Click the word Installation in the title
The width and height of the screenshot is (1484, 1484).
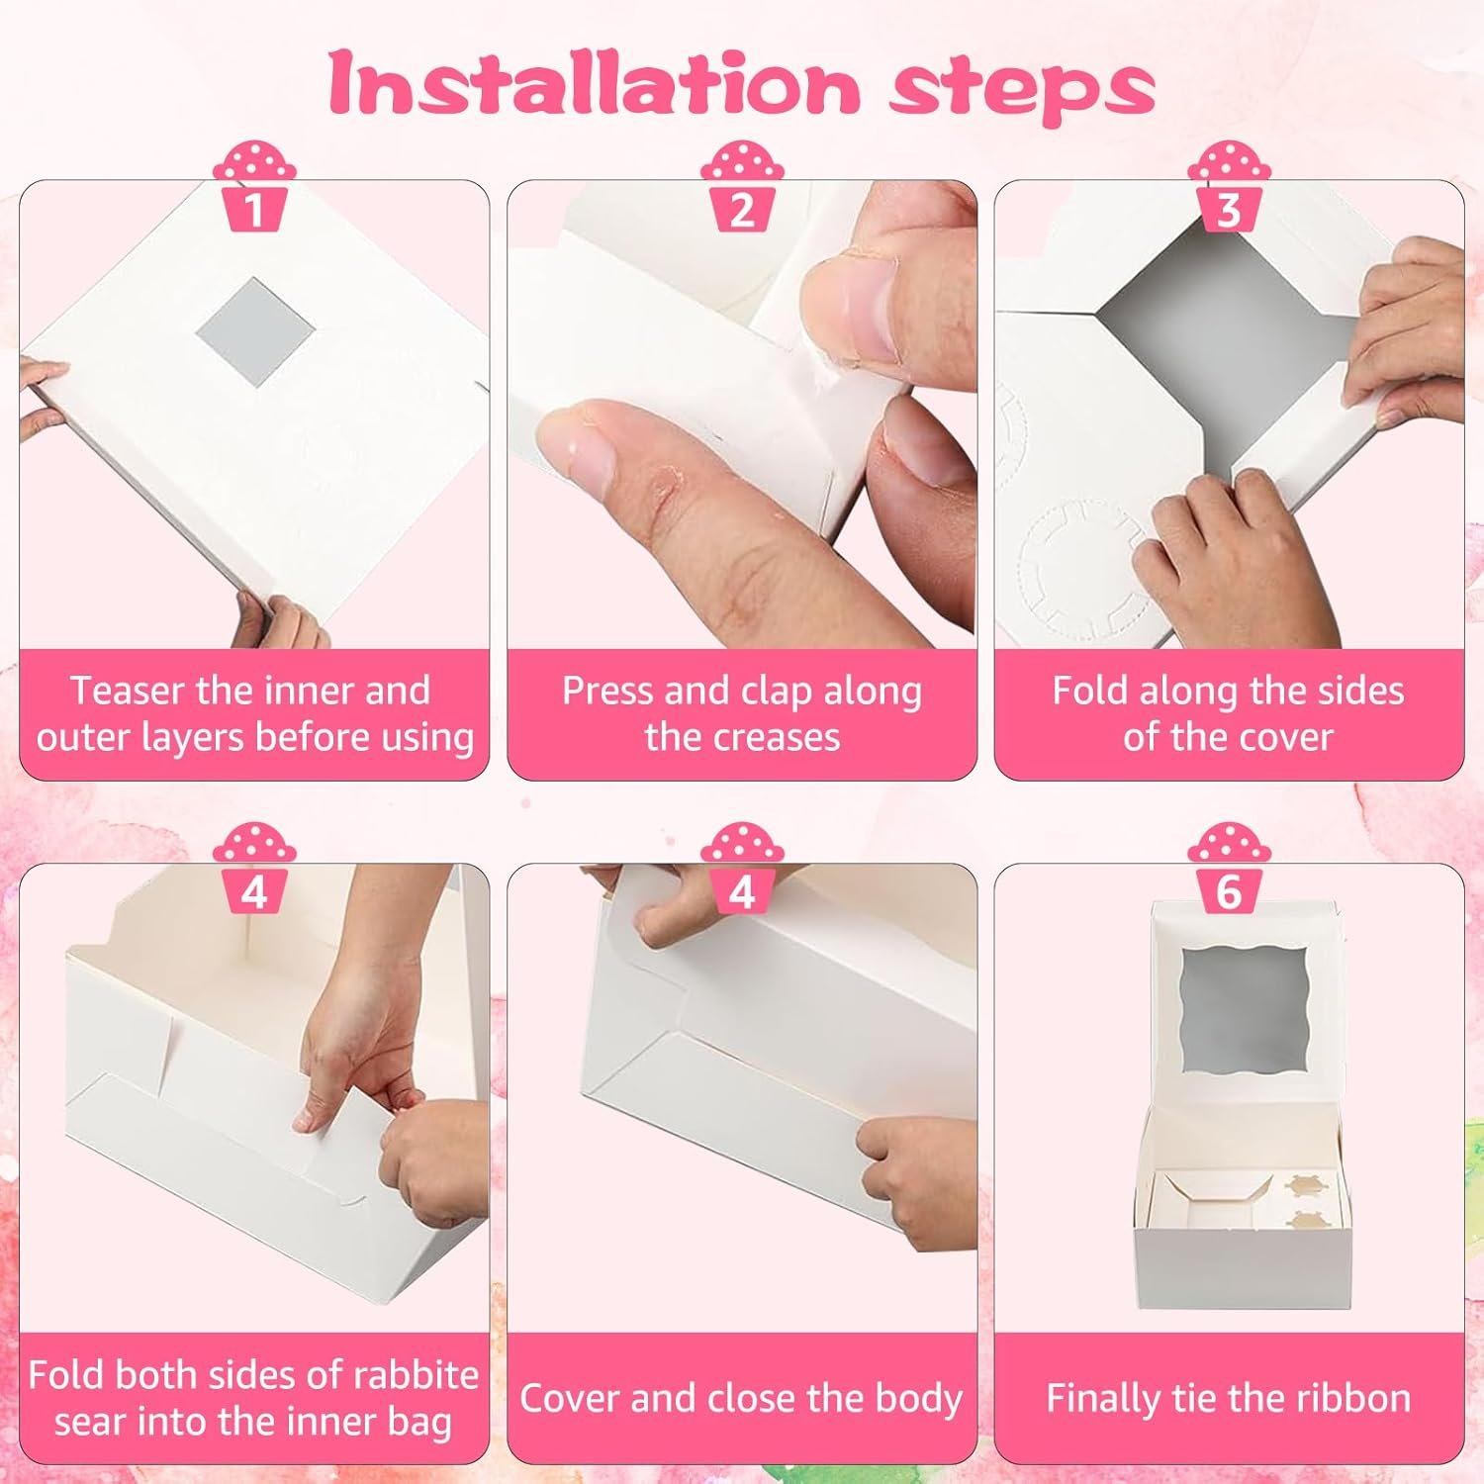click(594, 85)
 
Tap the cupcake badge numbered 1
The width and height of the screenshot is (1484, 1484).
click(254, 188)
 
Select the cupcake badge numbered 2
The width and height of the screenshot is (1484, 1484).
click(742, 188)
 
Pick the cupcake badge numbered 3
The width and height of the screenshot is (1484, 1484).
click(1229, 188)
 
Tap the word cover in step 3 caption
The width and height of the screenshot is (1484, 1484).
click(1287, 738)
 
